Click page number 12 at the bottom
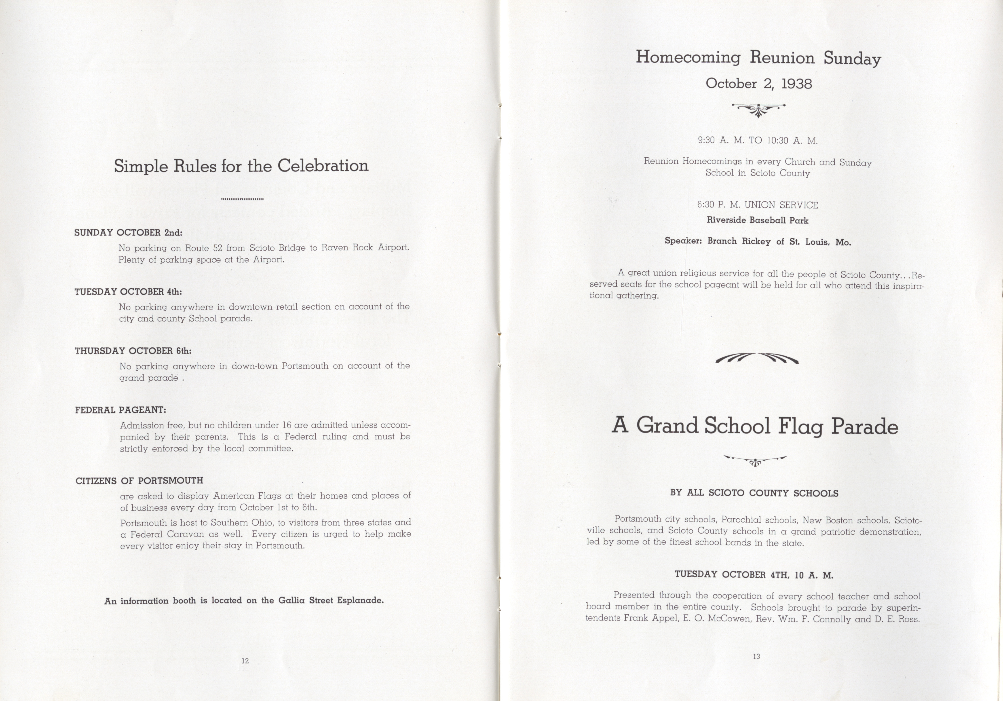coord(245,661)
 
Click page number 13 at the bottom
coord(757,656)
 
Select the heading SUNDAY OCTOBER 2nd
coord(128,232)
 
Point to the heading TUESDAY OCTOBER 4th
coord(128,291)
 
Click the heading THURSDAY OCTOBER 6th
coord(133,351)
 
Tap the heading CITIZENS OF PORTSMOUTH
coord(139,480)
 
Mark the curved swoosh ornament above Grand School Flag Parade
coord(757,358)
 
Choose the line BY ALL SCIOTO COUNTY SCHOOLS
coord(754,493)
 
